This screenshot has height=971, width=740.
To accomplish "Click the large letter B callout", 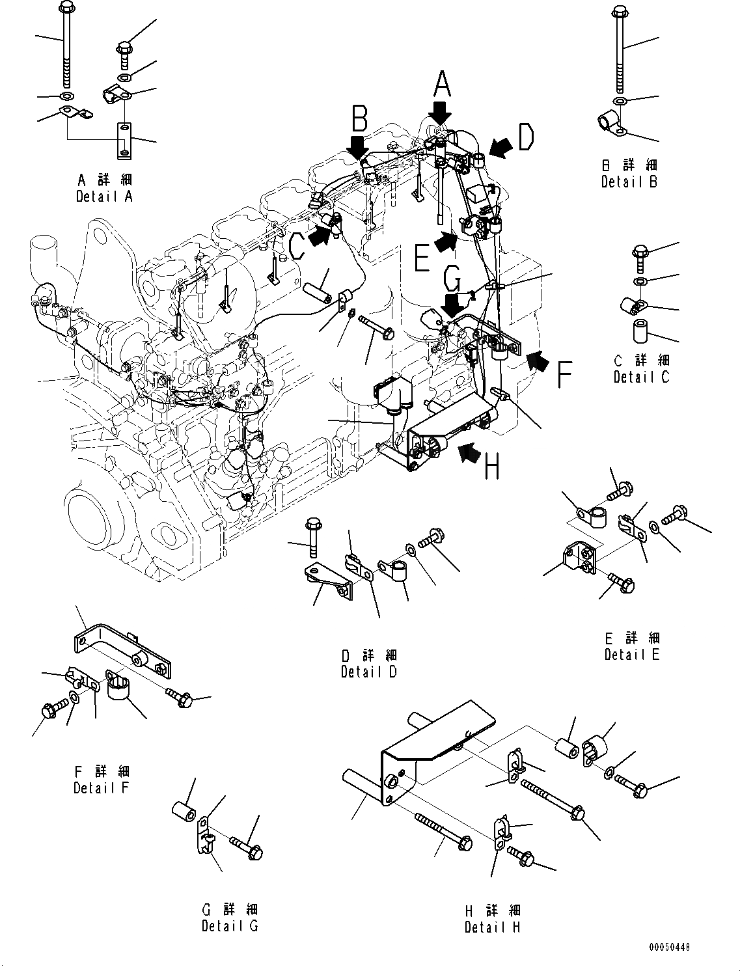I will [x=360, y=119].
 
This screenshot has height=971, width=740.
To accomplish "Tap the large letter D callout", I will [x=525, y=137].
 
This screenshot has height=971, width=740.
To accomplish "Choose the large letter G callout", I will [x=453, y=281].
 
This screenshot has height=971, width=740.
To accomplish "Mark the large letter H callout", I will [x=493, y=466].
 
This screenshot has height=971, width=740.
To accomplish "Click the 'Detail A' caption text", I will [x=104, y=197].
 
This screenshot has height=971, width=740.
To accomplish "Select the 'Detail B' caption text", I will [x=629, y=182].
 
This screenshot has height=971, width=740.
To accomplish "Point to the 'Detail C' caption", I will [x=641, y=377].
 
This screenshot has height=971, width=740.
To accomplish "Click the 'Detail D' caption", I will [x=368, y=672].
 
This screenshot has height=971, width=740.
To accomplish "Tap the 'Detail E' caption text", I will [x=632, y=655].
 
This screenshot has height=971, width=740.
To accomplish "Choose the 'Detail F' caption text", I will [x=102, y=788].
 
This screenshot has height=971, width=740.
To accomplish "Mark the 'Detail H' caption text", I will [x=493, y=927].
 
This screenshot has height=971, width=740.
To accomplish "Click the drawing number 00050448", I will [x=668, y=947].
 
